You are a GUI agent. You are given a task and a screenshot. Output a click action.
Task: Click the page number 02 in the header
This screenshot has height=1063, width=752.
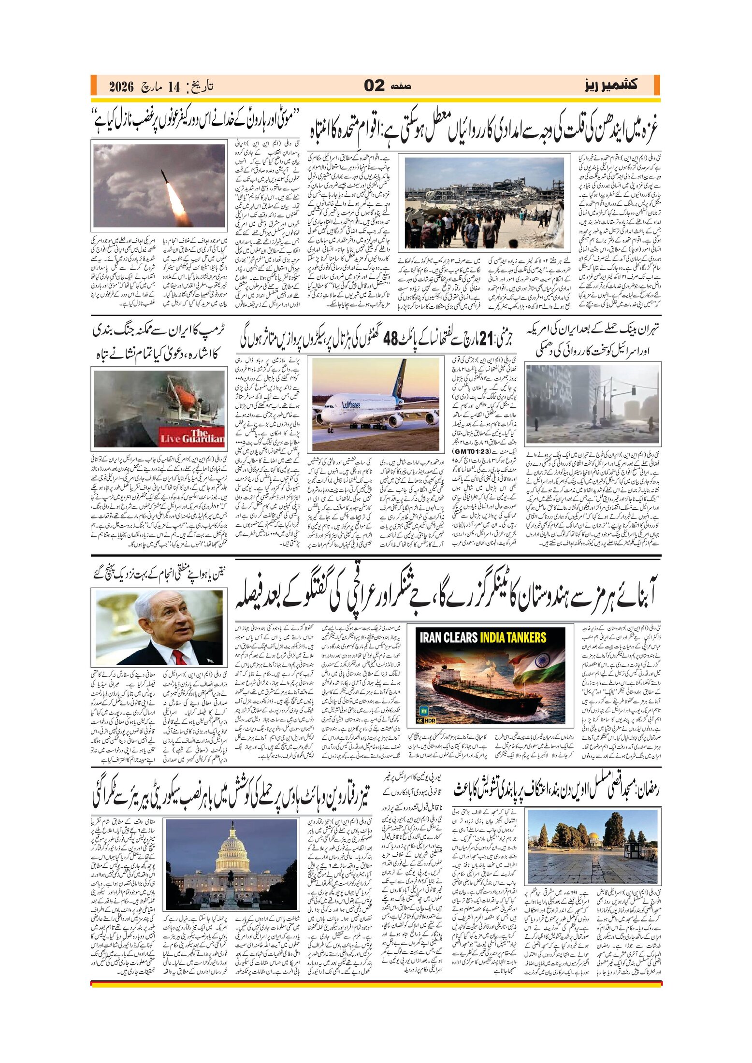click(374, 86)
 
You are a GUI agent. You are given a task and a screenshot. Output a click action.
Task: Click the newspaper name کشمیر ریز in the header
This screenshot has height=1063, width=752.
click(611, 85)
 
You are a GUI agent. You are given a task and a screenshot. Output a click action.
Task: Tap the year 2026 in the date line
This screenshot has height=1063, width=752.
click(121, 86)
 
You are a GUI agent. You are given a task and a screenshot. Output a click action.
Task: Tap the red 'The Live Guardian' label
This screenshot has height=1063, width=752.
click(192, 436)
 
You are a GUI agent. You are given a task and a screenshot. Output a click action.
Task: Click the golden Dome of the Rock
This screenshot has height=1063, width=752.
click(582, 840)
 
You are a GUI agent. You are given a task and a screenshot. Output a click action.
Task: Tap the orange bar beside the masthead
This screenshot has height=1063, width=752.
click(656, 85)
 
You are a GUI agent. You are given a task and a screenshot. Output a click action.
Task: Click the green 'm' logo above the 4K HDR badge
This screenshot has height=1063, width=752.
click(424, 711)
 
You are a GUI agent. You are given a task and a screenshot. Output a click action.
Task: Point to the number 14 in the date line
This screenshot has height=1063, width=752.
click(174, 86)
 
